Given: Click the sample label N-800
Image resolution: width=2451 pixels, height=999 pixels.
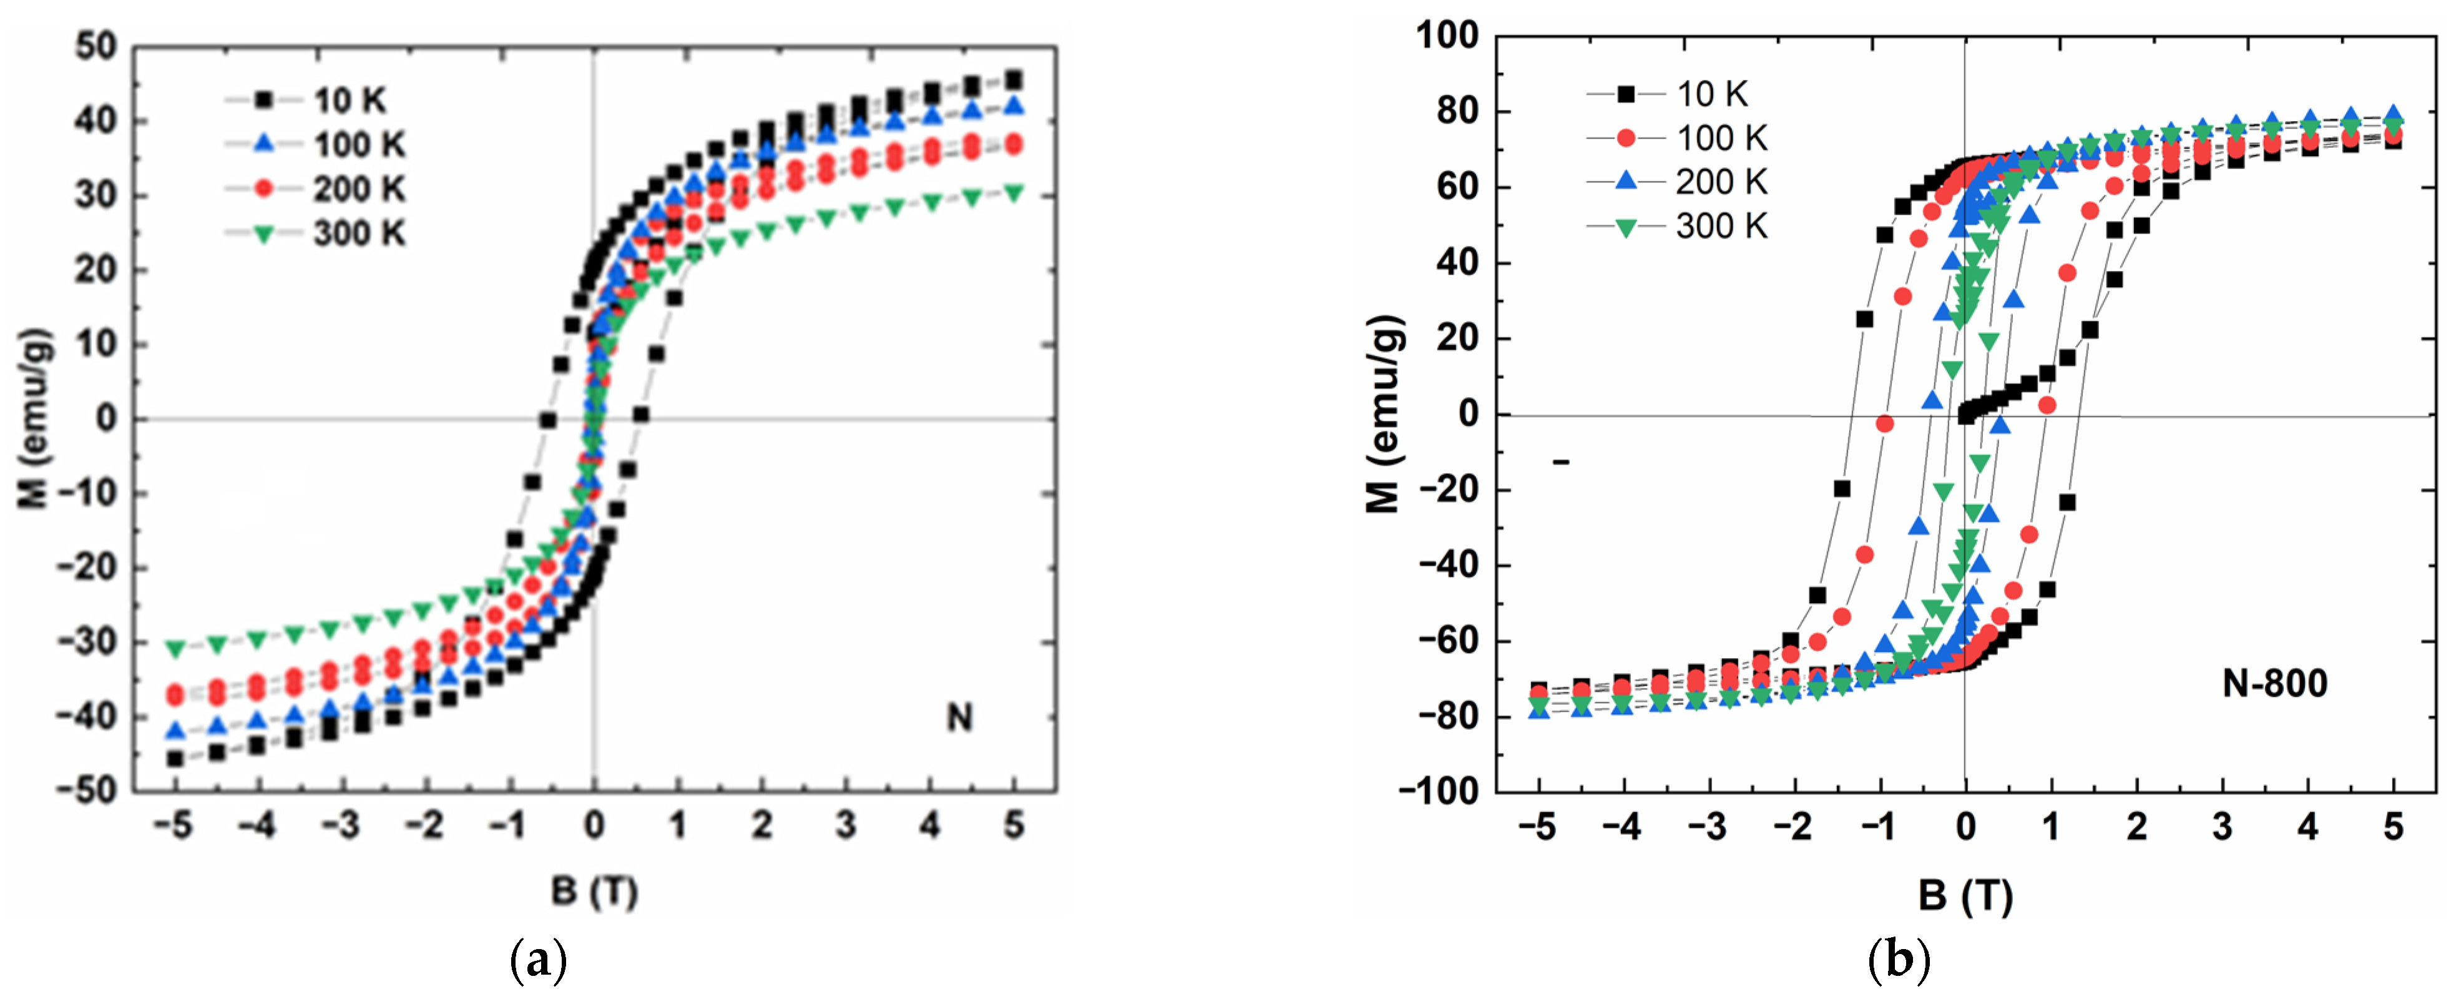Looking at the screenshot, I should tap(2274, 683).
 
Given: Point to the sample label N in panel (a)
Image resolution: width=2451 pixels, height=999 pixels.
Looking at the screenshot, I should tap(959, 717).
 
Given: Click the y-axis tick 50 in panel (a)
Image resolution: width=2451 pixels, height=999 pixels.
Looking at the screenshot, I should tap(96, 46).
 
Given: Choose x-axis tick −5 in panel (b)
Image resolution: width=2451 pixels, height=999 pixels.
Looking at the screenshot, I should tap(1537, 828).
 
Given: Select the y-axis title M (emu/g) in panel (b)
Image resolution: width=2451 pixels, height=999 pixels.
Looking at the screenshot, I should tap(1384, 414).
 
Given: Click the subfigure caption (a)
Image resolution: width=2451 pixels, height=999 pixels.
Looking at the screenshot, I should tap(539, 961).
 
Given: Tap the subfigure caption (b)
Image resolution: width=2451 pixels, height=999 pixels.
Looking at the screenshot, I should tap(1898, 961).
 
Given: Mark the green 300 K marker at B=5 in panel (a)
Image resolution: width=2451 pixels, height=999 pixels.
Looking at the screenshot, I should tap(1014, 193).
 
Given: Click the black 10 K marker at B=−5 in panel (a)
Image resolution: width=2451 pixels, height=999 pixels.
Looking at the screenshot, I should tap(175, 758).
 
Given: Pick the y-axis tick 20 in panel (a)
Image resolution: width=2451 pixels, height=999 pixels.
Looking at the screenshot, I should tap(96, 269).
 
